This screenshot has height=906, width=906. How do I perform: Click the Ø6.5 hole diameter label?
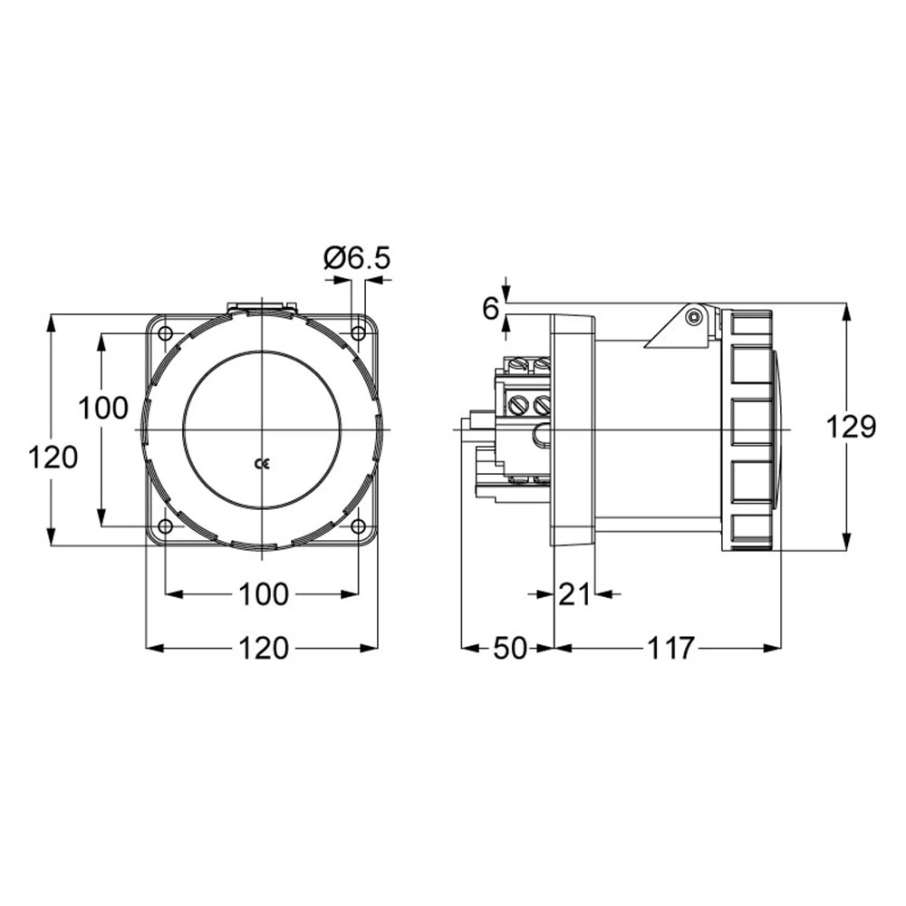358,257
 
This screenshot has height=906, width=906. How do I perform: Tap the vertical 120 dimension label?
53,458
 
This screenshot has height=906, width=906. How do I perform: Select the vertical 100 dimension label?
103,408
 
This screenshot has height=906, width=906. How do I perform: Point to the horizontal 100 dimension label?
263,594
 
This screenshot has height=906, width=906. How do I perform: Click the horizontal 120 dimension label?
263,649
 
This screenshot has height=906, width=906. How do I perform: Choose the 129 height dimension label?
851,427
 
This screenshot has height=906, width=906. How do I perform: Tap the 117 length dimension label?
670,649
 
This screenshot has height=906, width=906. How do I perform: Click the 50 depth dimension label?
510,649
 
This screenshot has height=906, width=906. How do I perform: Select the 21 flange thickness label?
574,594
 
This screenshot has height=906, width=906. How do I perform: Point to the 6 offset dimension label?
490,309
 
